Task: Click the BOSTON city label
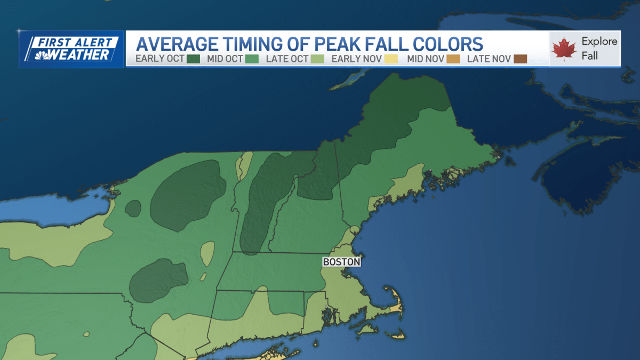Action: point(341,262)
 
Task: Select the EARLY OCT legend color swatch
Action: point(193,59)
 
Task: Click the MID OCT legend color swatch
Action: point(252,59)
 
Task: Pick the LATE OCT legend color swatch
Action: point(317,59)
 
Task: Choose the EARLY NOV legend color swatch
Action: point(391,59)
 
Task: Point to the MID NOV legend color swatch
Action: point(454,59)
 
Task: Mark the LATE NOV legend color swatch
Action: point(521,59)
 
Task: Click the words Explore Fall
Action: point(599,48)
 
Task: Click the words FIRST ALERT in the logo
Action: point(75,42)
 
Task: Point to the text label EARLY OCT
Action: point(160,59)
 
